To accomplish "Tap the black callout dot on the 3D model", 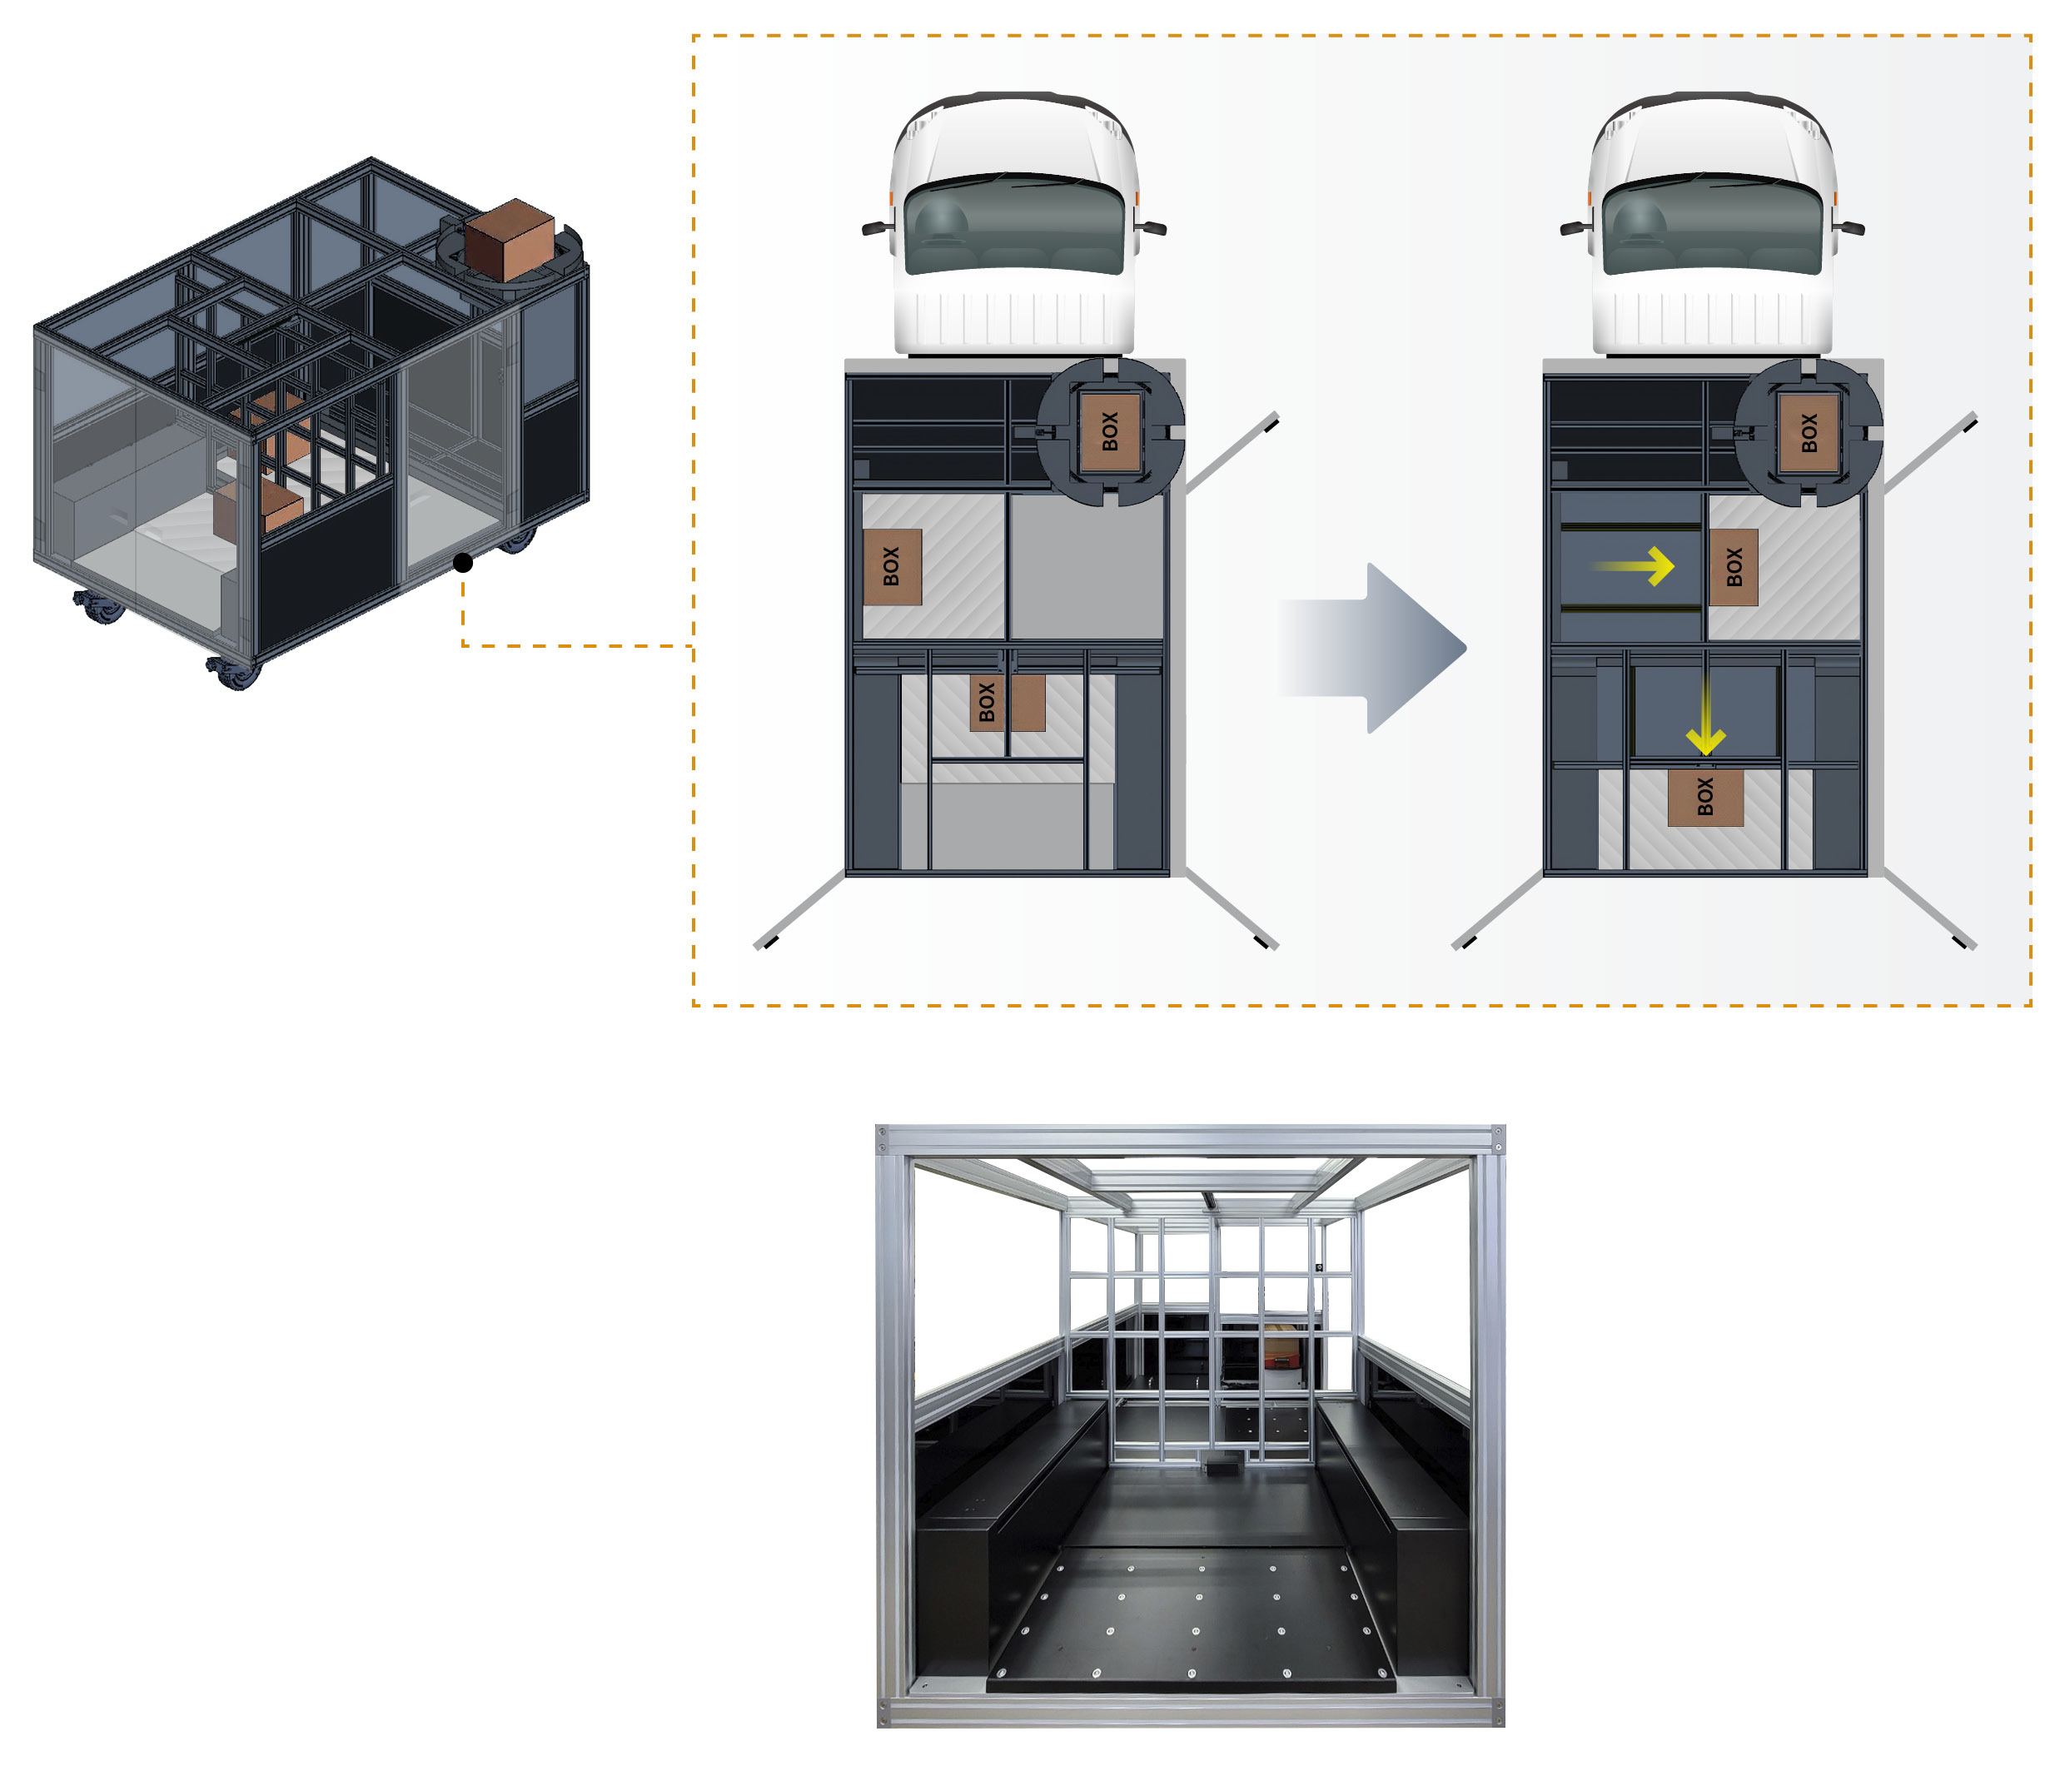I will click(x=462, y=563).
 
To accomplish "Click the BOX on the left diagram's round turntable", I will click(x=1109, y=431).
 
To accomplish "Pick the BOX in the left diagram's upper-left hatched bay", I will click(x=891, y=566).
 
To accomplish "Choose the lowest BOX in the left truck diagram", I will click(x=1007, y=703).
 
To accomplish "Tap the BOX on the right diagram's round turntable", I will click(x=1809, y=431).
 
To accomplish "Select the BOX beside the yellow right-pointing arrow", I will click(x=1733, y=567).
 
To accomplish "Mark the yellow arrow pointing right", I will click(x=1635, y=566).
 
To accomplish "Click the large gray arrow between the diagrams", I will click(x=1376, y=648).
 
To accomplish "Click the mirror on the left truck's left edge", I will click(x=876, y=228).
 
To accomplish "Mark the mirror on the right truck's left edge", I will click(x=1575, y=228).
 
